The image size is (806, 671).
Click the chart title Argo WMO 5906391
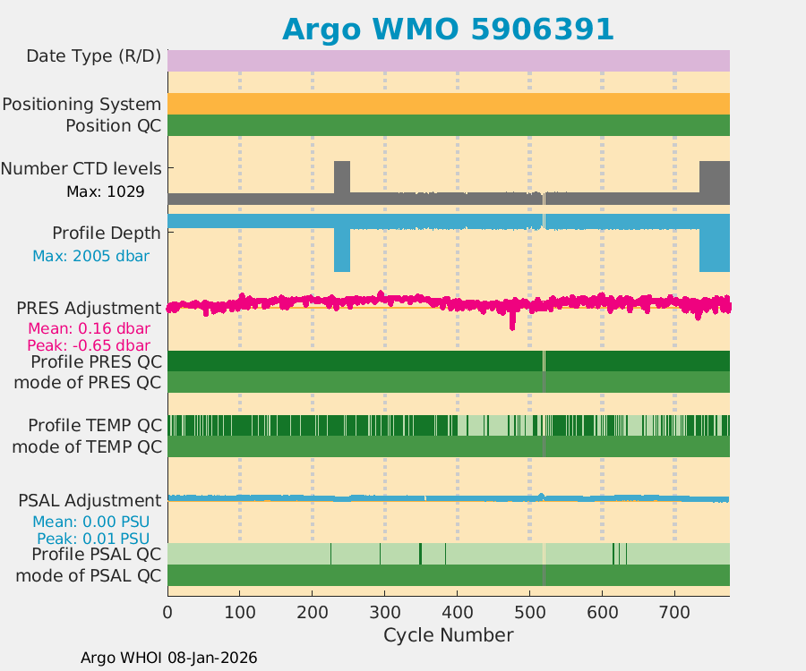pos(448,29)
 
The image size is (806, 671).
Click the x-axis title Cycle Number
pos(448,635)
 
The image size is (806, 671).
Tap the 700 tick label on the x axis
pos(674,612)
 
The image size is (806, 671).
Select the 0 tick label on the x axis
pos(167,612)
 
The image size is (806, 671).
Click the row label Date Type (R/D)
pos(93,56)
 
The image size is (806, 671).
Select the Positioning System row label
pos(81,104)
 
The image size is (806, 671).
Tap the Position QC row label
pos(113,125)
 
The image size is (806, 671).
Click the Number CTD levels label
pos(81,168)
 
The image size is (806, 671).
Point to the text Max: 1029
pos(106,191)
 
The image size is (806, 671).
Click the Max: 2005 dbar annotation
pos(90,256)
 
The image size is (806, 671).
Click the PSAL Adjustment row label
pos(90,500)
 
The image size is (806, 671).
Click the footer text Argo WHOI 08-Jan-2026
pos(168,658)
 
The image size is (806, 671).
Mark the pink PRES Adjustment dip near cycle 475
pos(512,322)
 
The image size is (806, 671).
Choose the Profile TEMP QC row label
pos(94,425)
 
